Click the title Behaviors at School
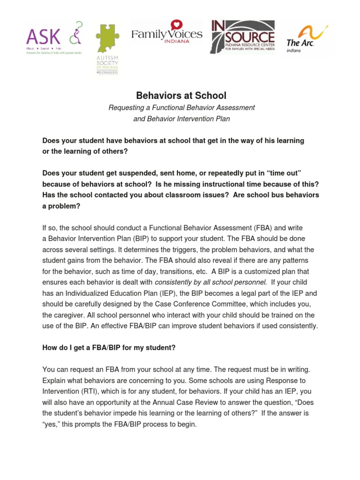click(181, 96)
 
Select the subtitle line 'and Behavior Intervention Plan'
click(181, 119)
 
